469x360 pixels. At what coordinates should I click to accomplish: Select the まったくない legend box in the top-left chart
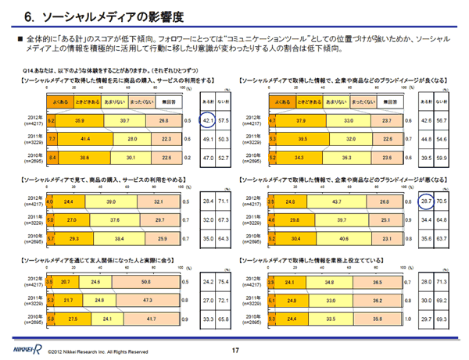(x=141, y=102)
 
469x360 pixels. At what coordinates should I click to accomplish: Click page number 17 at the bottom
(x=234, y=349)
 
